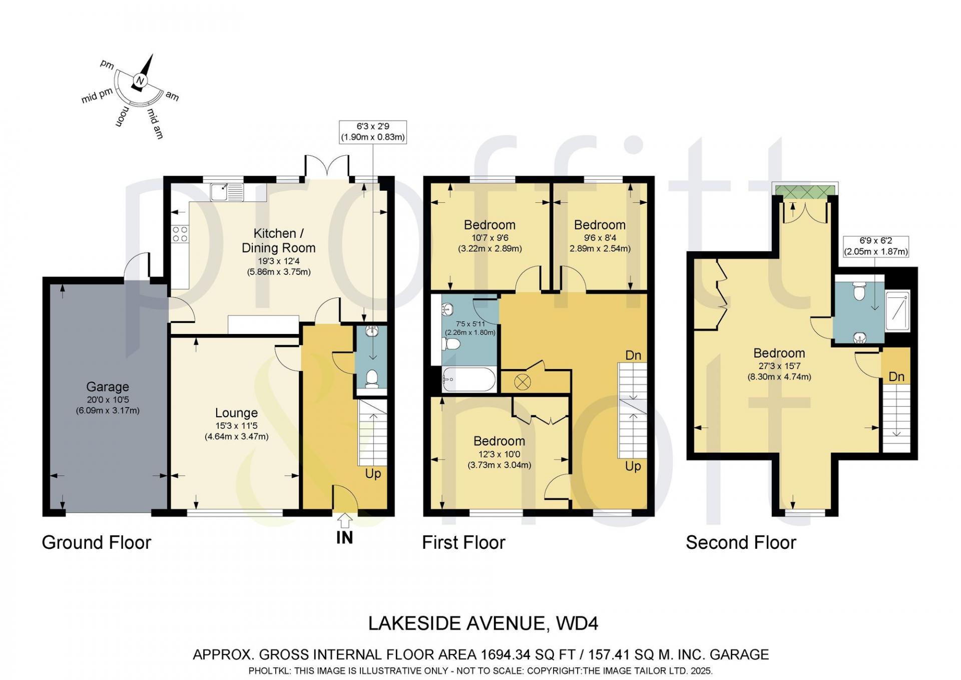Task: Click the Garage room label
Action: [108, 387]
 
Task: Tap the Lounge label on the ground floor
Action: [236, 413]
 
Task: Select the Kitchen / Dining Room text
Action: [278, 240]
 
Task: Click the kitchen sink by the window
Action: [227, 192]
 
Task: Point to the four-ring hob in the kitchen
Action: [180, 234]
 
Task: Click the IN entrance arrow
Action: [344, 521]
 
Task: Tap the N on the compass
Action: [140, 81]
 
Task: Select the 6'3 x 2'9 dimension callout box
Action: [373, 132]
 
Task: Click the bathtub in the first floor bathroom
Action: [469, 380]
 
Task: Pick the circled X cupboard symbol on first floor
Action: [522, 383]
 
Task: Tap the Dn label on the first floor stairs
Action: [633, 355]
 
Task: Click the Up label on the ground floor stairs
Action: [373, 474]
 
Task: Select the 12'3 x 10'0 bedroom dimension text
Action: [499, 455]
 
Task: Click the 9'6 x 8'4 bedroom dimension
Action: [600, 238]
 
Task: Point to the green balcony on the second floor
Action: [804, 191]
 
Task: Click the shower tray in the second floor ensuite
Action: [897, 310]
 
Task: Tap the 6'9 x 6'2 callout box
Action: [876, 247]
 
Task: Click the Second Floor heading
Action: [741, 542]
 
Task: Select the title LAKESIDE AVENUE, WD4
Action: [483, 623]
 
